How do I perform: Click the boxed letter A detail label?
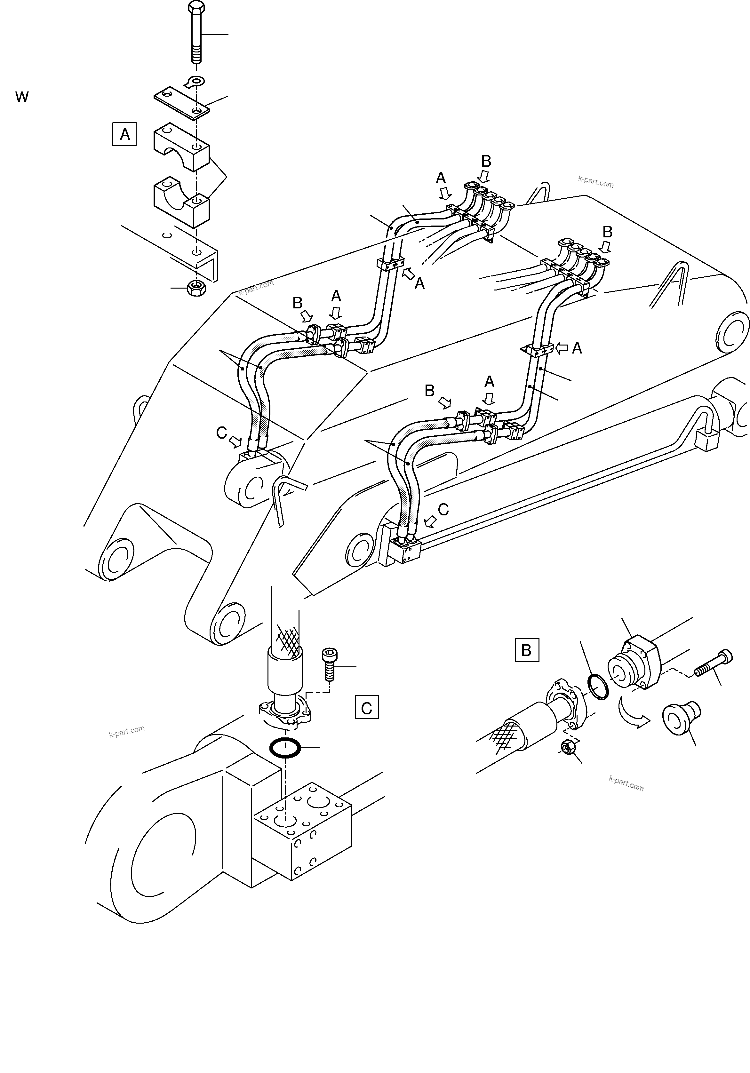(124, 135)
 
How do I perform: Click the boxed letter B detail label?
(527, 650)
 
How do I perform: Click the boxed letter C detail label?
(366, 708)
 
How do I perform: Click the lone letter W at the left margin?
(22, 97)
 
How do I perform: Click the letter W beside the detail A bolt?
(22, 97)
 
